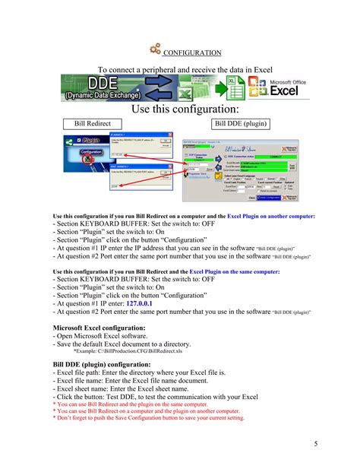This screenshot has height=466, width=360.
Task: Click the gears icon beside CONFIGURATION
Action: pyautogui.click(x=156, y=49)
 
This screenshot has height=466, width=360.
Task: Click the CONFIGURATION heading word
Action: pyautogui.click(x=192, y=53)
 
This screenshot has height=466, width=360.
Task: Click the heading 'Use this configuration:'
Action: pyautogui.click(x=182, y=109)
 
